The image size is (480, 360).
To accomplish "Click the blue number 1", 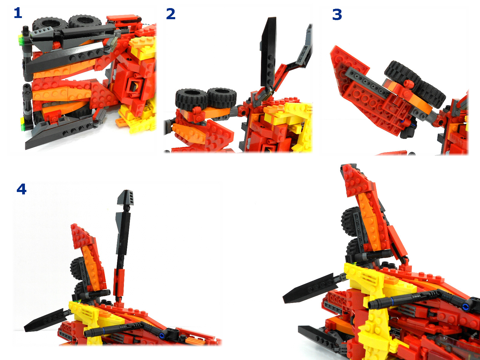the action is pos(18,13).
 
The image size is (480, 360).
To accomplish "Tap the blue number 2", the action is pos(171,14).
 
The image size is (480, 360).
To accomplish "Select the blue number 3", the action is pos(337,15).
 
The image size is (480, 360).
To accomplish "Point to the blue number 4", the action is pos(21,189).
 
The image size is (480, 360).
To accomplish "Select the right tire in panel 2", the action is pos(221,98).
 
